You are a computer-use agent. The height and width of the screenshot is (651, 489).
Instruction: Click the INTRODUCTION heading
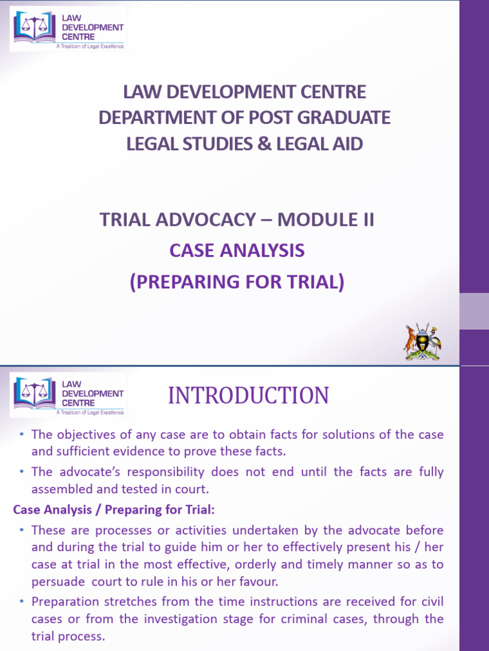[248, 396]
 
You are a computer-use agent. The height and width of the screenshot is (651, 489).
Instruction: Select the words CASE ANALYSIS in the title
[237, 251]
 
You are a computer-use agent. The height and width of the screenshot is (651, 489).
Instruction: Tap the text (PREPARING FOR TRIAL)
[237, 281]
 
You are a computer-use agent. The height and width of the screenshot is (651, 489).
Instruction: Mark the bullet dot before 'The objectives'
[22, 435]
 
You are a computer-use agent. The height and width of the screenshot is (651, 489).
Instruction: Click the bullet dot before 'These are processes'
[22, 530]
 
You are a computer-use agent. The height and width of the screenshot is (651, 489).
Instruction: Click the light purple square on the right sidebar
[474, 311]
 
